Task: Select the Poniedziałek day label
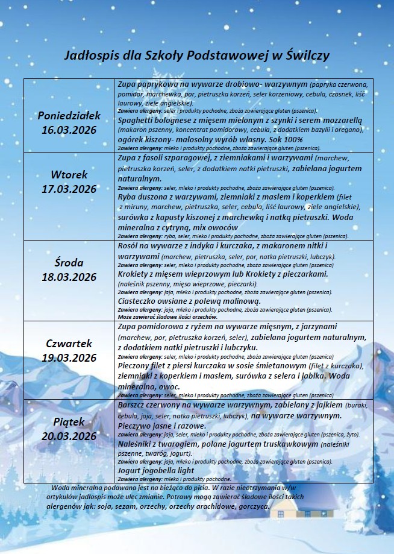69,115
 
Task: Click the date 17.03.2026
69,189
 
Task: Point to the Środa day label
69,263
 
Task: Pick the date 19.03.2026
69,357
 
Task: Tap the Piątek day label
69,421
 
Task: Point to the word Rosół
131,246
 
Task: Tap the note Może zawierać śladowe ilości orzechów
168,316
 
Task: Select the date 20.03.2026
69,436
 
